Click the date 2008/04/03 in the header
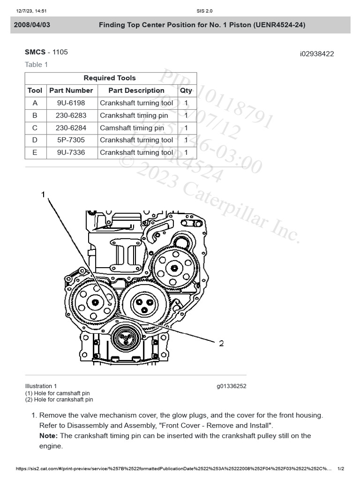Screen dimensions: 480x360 pyautogui.click(x=32, y=25)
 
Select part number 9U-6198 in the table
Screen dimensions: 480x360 pyautogui.click(x=71, y=103)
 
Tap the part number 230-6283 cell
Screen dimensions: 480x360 pyautogui.click(x=71, y=115)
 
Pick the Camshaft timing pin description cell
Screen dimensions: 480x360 pyautogui.click(x=132, y=127)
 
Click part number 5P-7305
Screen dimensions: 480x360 pyautogui.click(x=71, y=140)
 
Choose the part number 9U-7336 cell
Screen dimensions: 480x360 pyautogui.click(x=71, y=152)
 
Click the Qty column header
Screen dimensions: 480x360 pyautogui.click(x=186, y=90)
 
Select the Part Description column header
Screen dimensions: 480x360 pyautogui.click(x=136, y=90)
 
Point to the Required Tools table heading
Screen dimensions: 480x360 pyautogui.click(x=110, y=78)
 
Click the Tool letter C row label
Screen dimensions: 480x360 pyautogui.click(x=35, y=127)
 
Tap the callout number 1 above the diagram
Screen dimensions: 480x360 pyautogui.click(x=43, y=194)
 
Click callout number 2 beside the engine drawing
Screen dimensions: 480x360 pyautogui.click(x=221, y=343)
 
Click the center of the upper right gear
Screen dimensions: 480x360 pyautogui.click(x=174, y=268)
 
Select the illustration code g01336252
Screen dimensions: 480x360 pyautogui.click(x=231, y=386)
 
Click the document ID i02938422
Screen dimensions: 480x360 pyautogui.click(x=317, y=54)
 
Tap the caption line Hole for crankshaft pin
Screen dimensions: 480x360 pyautogui.click(x=59, y=400)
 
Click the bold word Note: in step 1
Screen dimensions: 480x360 pyautogui.click(x=49, y=436)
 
